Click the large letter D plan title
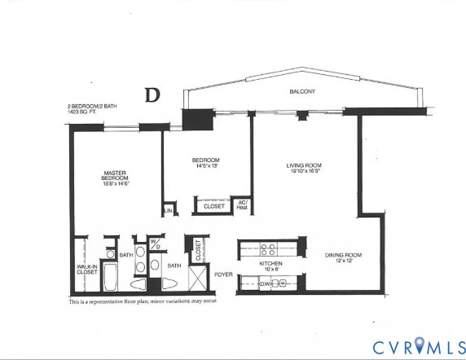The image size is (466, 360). coord(152,94)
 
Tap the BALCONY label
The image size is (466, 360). coord(302,92)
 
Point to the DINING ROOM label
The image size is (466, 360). coord(343,255)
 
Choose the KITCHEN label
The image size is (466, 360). coord(270,264)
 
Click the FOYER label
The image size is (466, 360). coord(223,274)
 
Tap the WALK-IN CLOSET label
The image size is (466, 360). coord(87,270)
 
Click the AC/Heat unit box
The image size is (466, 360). coord(242,205)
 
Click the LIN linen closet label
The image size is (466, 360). coord(169,211)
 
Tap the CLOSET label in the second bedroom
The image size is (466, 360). coord(214,206)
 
